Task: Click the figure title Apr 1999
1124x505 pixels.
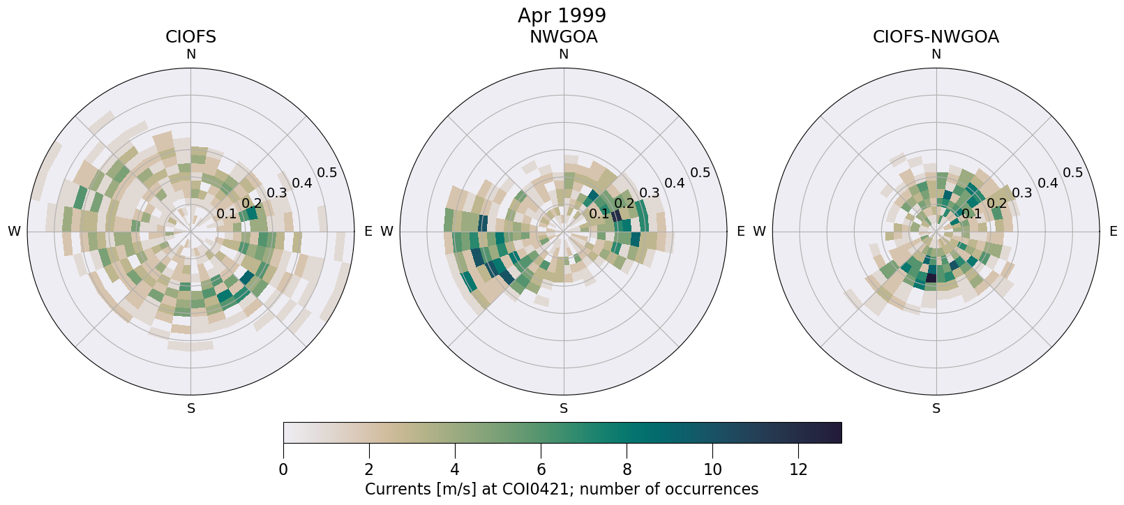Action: point(562,15)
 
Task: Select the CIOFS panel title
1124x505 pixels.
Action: point(190,37)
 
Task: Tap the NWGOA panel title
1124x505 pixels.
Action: point(563,37)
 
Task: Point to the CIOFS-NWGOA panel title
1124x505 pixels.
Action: point(936,37)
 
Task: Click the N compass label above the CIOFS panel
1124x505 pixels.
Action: point(190,54)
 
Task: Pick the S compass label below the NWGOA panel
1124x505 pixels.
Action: point(564,409)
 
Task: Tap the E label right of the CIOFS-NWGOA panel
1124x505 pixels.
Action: point(1113,232)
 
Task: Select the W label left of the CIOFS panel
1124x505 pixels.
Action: point(14,232)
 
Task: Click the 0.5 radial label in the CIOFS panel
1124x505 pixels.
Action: point(327,173)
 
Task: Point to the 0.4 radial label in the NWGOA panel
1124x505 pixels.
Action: point(675,183)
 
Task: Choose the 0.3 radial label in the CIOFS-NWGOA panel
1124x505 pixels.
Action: point(1022,193)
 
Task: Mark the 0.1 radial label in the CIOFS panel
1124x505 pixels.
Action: point(226,213)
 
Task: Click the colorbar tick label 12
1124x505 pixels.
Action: point(798,470)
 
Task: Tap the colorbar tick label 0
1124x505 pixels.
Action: point(283,470)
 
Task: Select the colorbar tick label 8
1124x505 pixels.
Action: point(627,470)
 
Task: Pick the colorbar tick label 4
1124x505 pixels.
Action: point(455,470)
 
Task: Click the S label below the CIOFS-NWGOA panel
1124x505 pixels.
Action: point(936,409)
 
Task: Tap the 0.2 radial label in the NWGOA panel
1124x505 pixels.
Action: point(624,204)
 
